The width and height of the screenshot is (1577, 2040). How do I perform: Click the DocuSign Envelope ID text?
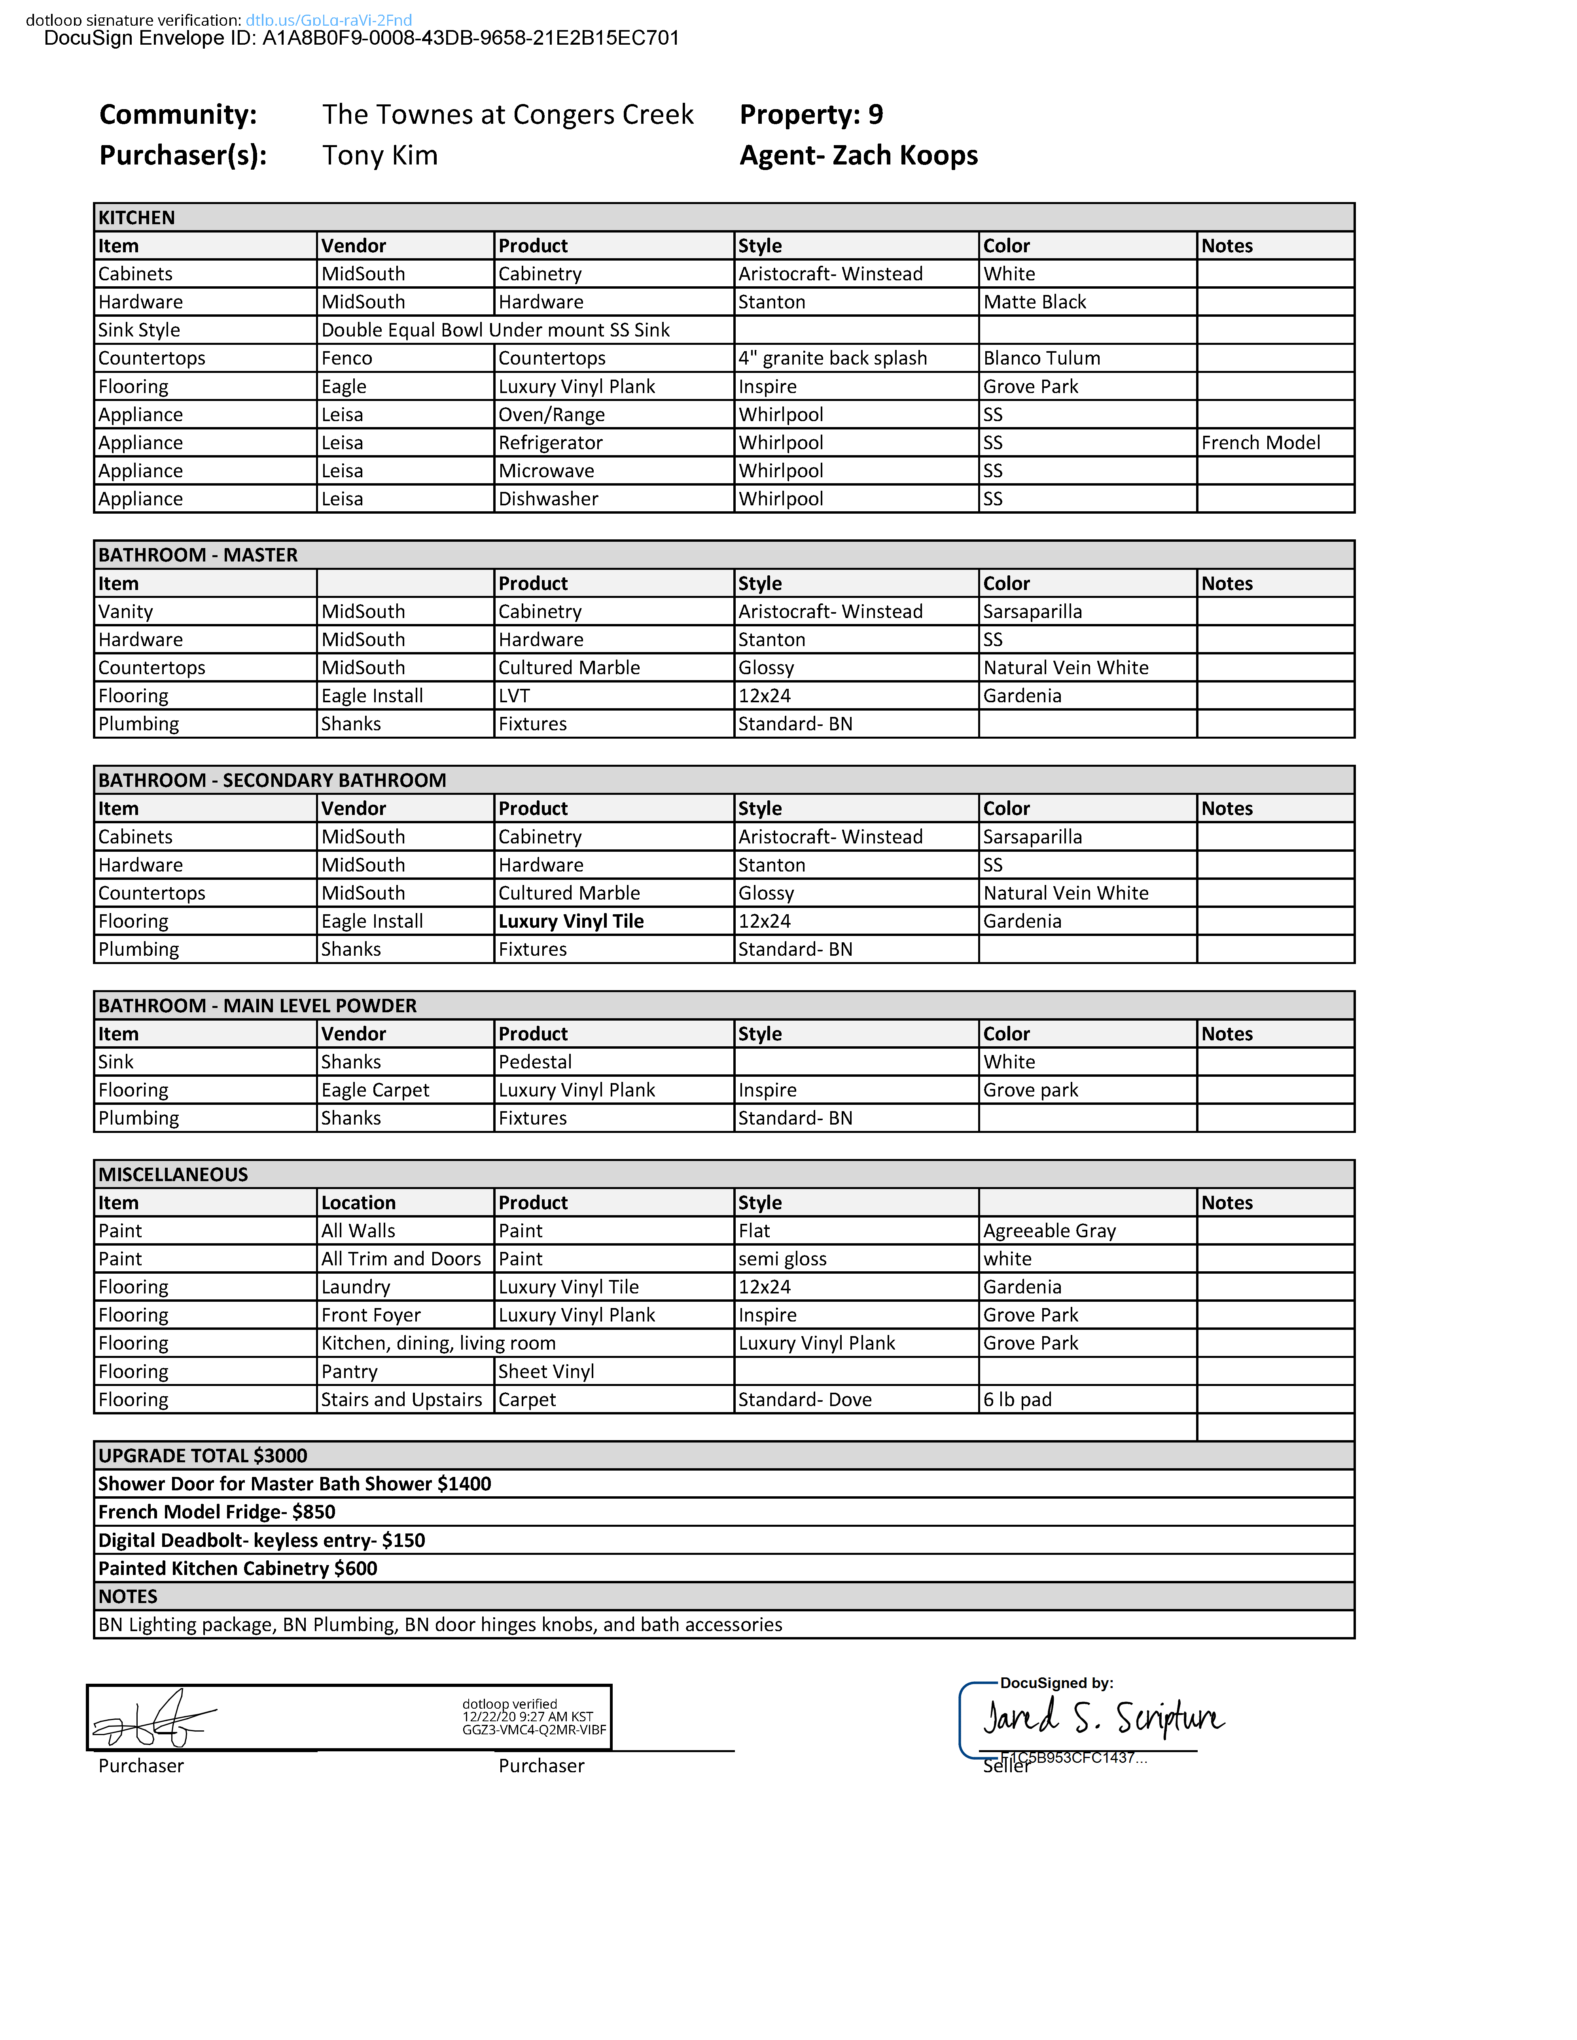[362, 38]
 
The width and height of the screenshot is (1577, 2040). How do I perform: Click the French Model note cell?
[1260, 443]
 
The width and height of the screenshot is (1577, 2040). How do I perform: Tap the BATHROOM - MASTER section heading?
[198, 555]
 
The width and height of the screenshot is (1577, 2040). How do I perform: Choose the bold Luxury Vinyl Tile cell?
[571, 921]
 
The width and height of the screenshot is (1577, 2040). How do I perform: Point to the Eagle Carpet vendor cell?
[375, 1090]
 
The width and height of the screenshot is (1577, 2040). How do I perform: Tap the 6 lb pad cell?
[1017, 1399]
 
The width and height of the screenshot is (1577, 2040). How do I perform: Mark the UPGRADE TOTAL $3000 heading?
[203, 1455]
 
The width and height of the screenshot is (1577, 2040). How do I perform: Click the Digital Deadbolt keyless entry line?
[261, 1540]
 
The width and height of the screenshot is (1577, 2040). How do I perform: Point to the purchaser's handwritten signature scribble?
[154, 1719]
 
